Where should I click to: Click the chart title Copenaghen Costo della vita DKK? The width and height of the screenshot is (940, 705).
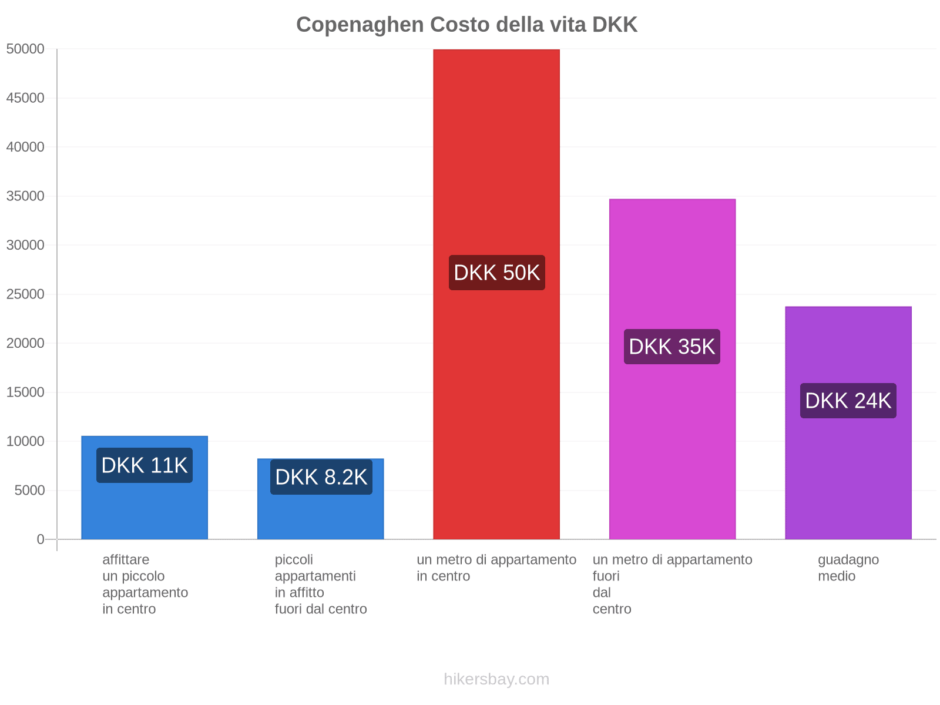coord(466,25)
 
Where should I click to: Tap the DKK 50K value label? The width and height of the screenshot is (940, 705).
coord(496,273)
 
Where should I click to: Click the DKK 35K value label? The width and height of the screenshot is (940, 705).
coord(672,347)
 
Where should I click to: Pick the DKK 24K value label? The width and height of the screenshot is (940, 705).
coord(848,401)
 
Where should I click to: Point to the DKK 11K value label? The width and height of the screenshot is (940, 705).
coord(145,465)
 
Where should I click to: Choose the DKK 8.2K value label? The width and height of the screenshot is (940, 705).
coord(321,477)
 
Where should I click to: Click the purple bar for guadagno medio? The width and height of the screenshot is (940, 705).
coord(848,470)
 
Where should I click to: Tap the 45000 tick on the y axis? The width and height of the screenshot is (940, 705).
coord(26,98)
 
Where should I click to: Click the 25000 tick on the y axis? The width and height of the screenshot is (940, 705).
coord(26,294)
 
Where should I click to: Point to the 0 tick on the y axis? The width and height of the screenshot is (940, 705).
coord(41,539)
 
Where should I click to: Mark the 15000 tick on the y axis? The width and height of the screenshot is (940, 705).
coord(26,392)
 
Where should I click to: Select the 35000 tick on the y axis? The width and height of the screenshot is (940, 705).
coord(26,196)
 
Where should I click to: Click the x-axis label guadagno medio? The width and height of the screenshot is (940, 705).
coord(848,568)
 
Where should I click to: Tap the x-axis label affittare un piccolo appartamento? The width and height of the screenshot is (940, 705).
coord(145,584)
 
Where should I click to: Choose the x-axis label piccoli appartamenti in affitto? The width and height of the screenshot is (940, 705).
coord(321,584)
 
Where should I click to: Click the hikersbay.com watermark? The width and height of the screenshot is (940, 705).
coord(496,679)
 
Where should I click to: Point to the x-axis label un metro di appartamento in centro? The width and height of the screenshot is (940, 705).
coord(496,568)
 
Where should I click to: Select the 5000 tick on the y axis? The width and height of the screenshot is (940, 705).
coord(29,491)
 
